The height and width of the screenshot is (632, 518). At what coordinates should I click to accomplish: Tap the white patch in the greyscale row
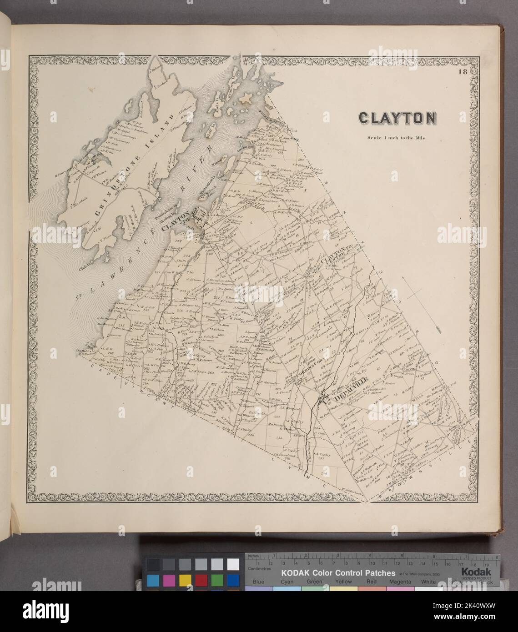[x=233, y=564]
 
